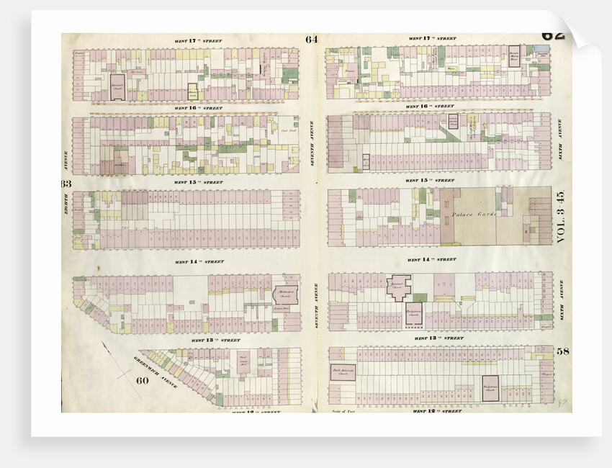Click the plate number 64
(x=311, y=40)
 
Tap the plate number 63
(x=66, y=184)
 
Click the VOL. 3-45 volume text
(x=562, y=215)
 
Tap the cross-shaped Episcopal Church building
(x=398, y=288)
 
